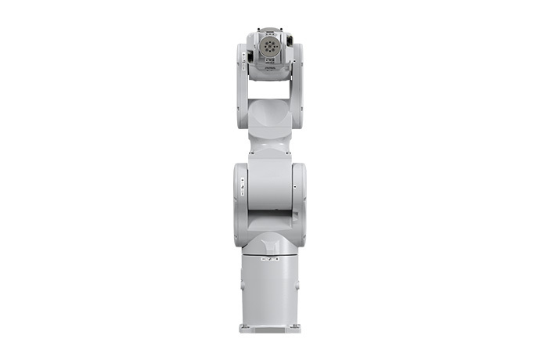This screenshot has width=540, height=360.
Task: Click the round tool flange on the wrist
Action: point(270,48)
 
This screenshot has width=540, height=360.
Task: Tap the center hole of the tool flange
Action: point(270,48)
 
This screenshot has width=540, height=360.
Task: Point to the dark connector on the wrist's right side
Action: point(290,39)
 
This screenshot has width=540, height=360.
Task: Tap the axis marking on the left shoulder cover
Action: point(243,185)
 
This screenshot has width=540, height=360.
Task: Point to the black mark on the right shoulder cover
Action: point(293,187)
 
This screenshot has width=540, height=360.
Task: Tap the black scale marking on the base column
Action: point(270,255)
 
